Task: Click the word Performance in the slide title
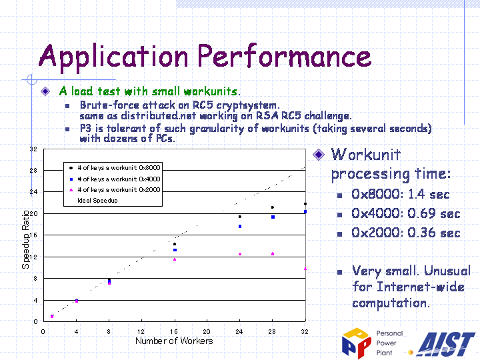[x=285, y=55]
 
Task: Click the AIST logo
[x=446, y=344]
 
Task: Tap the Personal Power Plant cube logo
[x=357, y=343]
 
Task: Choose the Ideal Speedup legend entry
[x=97, y=201]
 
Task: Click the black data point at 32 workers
[x=305, y=204]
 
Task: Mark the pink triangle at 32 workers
[x=305, y=269]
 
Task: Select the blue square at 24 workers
[x=240, y=227]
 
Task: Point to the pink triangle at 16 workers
[x=175, y=259]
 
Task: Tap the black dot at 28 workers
[x=273, y=207]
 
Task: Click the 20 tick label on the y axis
[x=33, y=214]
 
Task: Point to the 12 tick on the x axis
[x=141, y=331]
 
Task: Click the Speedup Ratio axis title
[x=26, y=240]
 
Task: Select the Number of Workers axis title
[x=174, y=341]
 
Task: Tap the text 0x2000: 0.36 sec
[x=406, y=233]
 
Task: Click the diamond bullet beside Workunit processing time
[x=319, y=155]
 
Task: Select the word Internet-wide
[x=421, y=287]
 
